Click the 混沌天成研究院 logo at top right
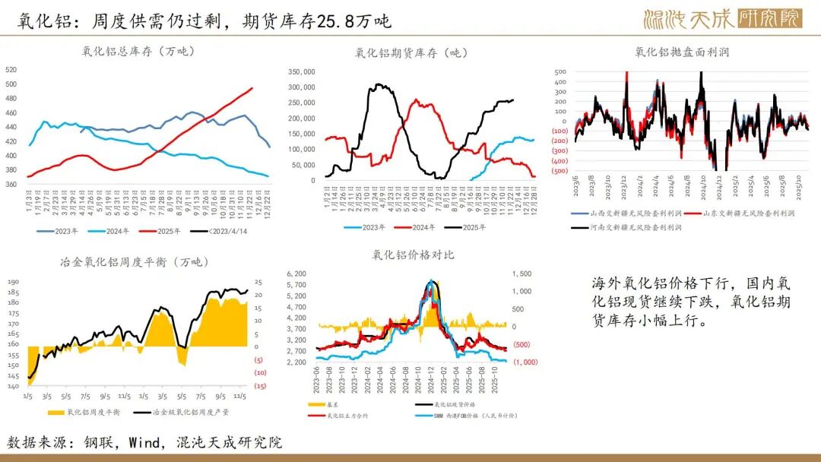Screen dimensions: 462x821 pos(722,17)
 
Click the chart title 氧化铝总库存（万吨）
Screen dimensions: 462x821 pos(138,52)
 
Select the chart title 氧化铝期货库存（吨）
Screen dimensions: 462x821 pos(411,52)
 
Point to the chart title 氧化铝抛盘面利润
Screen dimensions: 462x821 pos(682,52)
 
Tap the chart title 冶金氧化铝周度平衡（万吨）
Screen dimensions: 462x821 pos(134,262)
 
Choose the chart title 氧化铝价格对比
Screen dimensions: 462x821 pos(414,255)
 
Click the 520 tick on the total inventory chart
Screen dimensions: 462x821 pos(11,69)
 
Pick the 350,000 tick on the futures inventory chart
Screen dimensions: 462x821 pos(301,71)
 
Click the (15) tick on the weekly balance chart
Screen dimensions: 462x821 pos(258,386)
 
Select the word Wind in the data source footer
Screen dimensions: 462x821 pos(145,441)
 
